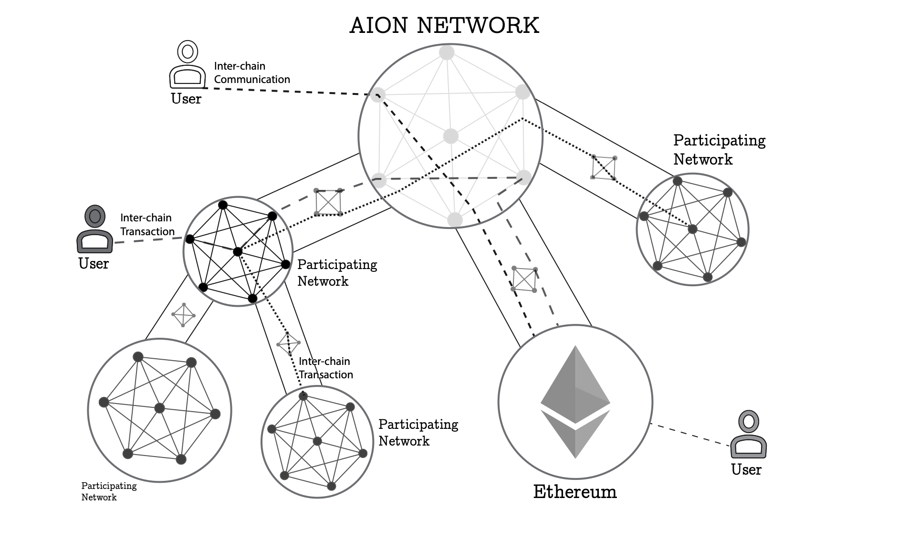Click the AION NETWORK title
point(444,25)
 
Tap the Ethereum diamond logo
point(575,402)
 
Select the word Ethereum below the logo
point(575,491)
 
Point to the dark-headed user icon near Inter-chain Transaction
point(95,229)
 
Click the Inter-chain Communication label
point(252,73)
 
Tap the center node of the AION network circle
point(450,136)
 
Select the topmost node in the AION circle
point(447,52)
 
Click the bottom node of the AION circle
point(455,220)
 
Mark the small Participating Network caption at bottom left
point(109,491)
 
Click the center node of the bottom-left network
point(159,408)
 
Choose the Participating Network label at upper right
point(720,149)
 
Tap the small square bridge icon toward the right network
point(604,168)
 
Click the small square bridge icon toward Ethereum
point(524,280)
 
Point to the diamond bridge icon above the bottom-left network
point(183,315)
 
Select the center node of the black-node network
point(238,251)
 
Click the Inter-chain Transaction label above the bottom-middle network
point(326,368)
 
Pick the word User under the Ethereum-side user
point(746,469)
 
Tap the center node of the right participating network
point(692,229)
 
